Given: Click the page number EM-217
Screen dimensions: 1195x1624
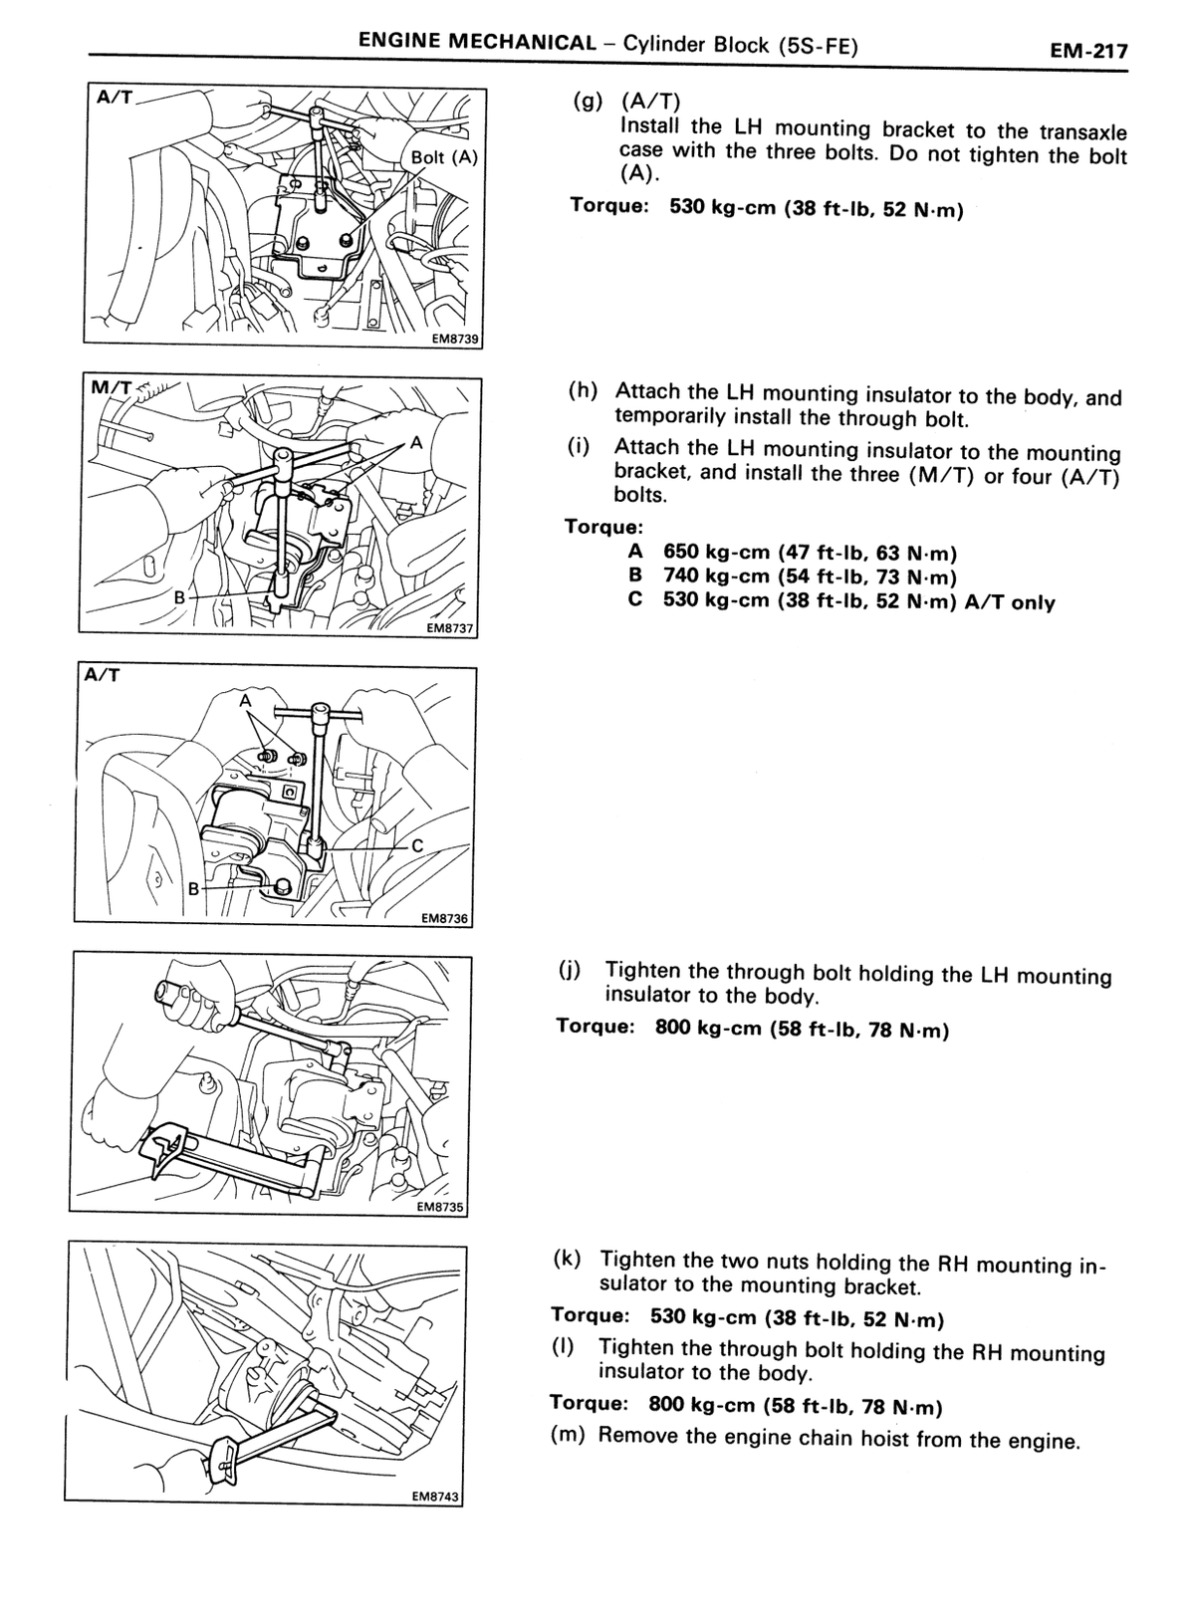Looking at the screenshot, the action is [x=1088, y=51].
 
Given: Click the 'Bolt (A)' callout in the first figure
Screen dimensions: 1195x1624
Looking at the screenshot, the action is [x=444, y=156].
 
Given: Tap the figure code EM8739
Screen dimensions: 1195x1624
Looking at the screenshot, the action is [x=455, y=339].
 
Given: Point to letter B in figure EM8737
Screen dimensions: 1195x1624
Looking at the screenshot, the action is [x=180, y=597].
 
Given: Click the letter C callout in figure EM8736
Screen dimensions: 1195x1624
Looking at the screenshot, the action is [x=417, y=845].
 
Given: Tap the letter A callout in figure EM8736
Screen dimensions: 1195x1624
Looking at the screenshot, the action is [x=245, y=701].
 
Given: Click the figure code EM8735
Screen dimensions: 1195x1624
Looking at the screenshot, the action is [x=441, y=1207].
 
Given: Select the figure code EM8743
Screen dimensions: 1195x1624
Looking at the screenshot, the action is [x=436, y=1496].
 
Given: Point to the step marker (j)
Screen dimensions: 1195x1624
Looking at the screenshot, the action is [x=570, y=969].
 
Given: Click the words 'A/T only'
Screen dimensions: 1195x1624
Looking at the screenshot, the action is [x=1010, y=602].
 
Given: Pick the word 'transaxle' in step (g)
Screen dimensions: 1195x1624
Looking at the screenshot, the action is [x=1083, y=132].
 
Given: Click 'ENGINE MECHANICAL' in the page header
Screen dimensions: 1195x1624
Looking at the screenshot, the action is [x=477, y=41].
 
